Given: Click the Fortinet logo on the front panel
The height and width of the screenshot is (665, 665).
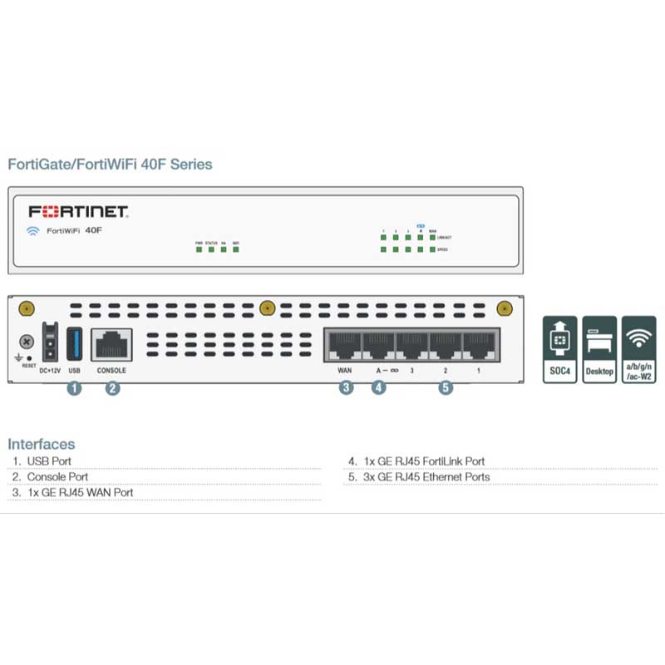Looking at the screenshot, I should click(x=78, y=211).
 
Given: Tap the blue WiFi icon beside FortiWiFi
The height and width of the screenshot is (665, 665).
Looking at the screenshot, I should click(x=33, y=231).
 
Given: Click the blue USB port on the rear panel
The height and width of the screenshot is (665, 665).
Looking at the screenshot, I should click(x=74, y=343).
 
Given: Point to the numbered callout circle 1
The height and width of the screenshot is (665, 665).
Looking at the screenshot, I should click(x=74, y=387).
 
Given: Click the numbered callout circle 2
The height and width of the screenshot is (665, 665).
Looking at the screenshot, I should click(x=112, y=387).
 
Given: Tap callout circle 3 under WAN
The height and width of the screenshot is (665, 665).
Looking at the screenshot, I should click(x=346, y=387).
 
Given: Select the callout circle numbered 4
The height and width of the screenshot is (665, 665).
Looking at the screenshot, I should click(x=379, y=387).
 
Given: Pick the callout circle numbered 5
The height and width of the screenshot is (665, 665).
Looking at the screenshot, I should click(x=446, y=387).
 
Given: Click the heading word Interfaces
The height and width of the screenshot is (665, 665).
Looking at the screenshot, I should click(x=42, y=444).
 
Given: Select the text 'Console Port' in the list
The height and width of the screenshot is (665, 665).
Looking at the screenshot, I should click(x=57, y=477).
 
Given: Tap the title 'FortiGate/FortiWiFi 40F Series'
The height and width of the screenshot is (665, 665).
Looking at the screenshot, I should click(x=110, y=164).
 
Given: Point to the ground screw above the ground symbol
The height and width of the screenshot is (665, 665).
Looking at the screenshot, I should click(x=27, y=342).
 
